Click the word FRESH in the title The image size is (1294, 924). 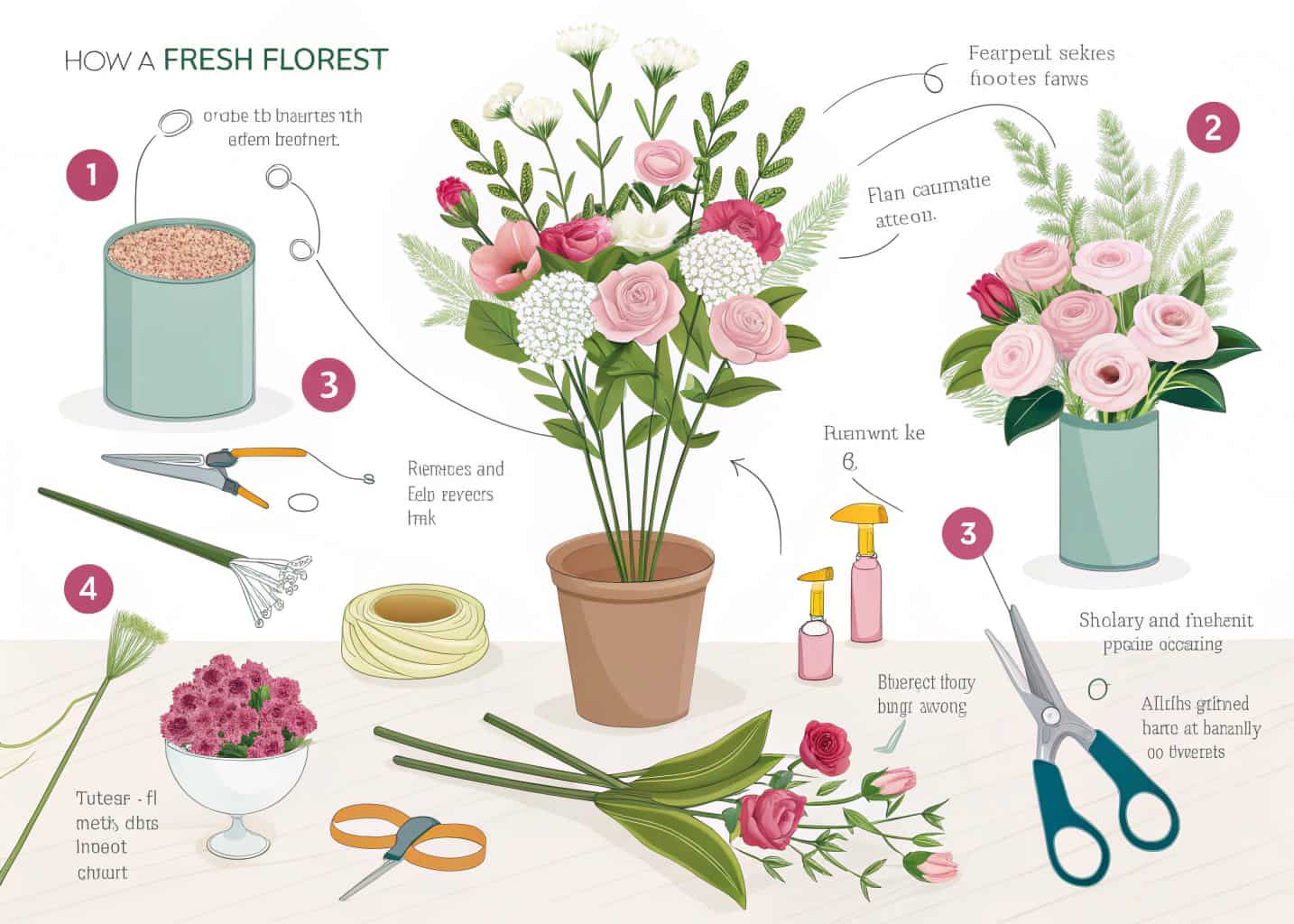[209, 60]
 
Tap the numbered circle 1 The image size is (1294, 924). [92, 174]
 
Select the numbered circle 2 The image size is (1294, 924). [1212, 127]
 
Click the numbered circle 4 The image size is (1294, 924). [88, 588]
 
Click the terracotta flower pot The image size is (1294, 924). [631, 632]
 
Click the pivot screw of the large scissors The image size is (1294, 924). [1049, 716]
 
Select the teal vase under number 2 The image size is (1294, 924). [1107, 492]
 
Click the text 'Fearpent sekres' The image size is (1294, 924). [1041, 53]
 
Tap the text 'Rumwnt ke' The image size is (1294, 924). [873, 433]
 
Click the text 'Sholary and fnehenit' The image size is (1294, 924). [1165, 621]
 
